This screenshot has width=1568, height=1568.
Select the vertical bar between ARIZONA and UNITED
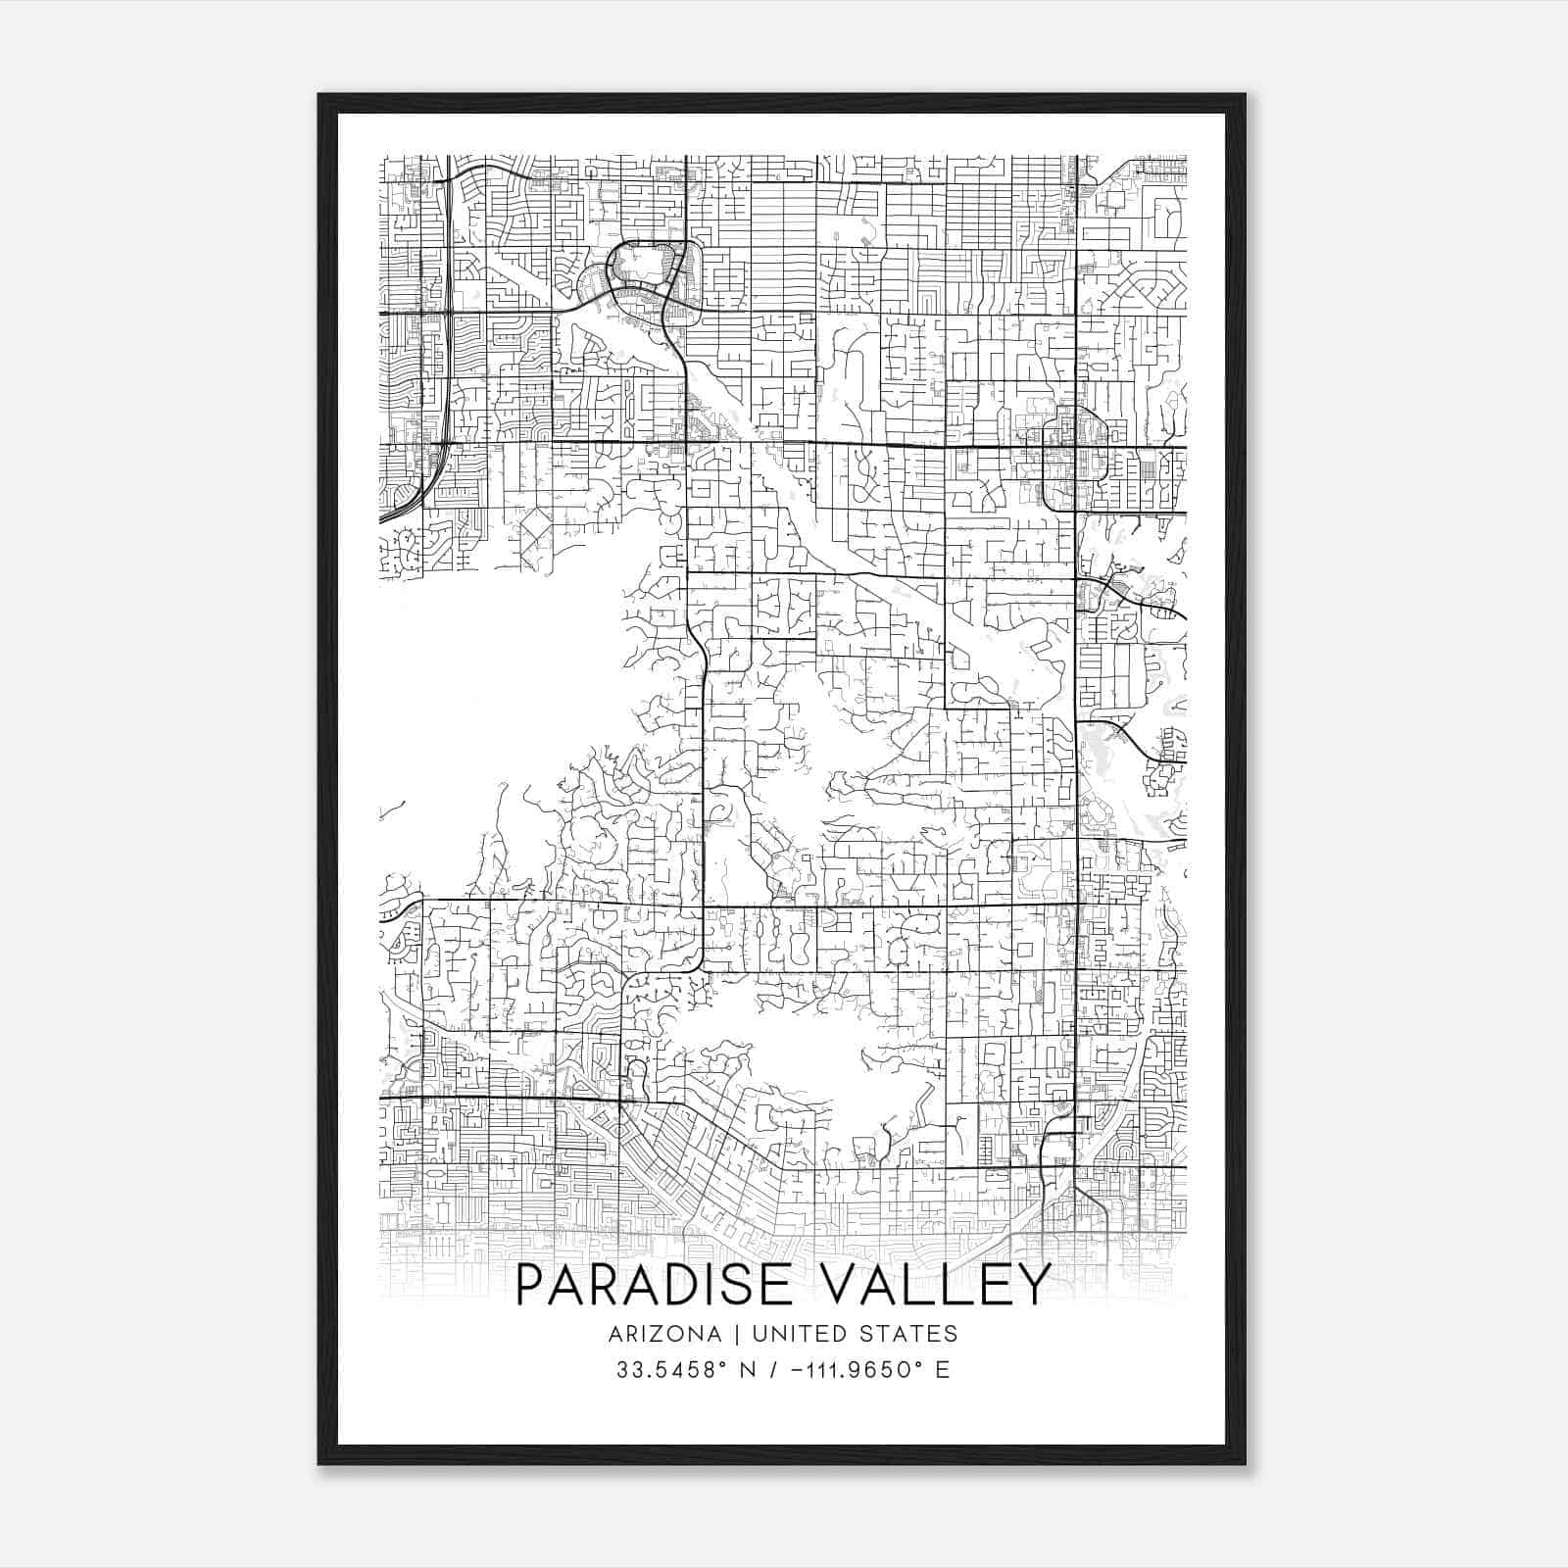tap(726, 1334)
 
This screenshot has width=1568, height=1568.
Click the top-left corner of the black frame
tap(319, 95)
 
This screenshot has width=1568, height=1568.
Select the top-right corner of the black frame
tap(1245, 95)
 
